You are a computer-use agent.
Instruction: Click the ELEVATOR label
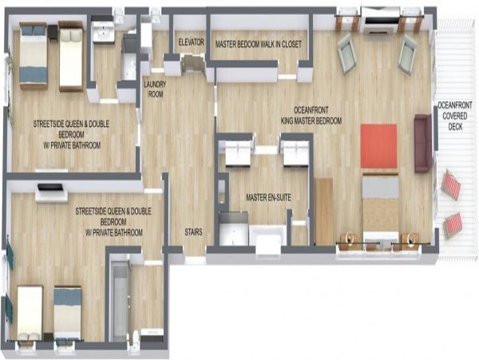[192, 42]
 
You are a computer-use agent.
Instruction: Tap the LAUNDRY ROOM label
[155, 89]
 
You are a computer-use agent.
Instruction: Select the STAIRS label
[193, 232]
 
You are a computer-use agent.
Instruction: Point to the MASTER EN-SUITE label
[268, 197]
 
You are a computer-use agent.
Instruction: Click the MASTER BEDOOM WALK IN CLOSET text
[259, 44]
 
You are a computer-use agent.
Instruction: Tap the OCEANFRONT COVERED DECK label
[455, 116]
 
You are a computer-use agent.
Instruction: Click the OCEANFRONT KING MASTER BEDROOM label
[311, 116]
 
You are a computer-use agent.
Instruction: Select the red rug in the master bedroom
[378, 145]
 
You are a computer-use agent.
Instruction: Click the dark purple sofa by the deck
[423, 143]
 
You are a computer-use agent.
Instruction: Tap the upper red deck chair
[452, 184]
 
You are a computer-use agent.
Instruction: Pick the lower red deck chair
[453, 225]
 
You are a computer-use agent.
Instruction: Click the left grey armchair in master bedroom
[347, 53]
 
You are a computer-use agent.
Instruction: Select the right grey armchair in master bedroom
[408, 54]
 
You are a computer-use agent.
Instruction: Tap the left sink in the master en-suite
[238, 152]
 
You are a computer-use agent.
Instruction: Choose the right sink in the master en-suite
[296, 152]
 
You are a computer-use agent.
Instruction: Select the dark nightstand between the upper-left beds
[53, 33]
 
